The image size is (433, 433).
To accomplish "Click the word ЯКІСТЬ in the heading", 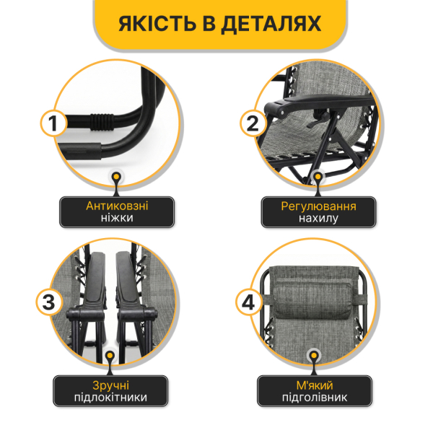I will [160, 26].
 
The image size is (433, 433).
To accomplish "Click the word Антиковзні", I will [118, 206].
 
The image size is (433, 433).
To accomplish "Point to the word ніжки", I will [118, 219].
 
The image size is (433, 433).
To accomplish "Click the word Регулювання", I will [318, 206].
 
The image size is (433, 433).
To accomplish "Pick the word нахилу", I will [318, 219].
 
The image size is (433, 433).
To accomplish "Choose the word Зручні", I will [110, 384].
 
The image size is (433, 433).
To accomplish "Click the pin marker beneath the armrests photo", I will [110, 354].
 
